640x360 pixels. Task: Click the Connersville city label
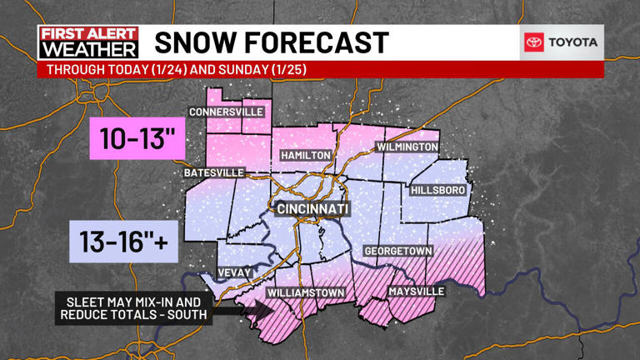coord(226,112)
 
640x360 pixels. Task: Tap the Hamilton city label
coord(306,156)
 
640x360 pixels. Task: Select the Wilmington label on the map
coord(407,147)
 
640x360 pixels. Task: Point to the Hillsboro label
coord(437,190)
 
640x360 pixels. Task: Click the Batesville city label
coord(214,172)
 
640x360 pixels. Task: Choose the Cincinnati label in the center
coord(312,207)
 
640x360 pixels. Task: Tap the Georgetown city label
coord(397,251)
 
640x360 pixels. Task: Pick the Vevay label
coord(232,272)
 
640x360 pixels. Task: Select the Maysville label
coord(416,292)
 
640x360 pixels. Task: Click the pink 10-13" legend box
coord(137,138)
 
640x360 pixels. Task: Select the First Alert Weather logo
coord(88,42)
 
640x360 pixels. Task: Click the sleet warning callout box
coord(133,307)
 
